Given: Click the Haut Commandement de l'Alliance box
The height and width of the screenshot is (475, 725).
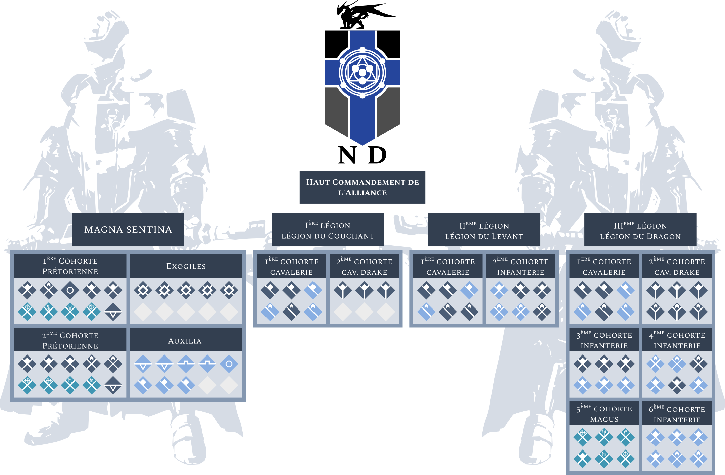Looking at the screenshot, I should pyautogui.click(x=362, y=187).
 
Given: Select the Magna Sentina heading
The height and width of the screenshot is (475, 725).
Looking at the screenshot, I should pyautogui.click(x=128, y=230).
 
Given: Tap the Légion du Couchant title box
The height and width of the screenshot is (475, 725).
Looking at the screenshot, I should pyautogui.click(x=328, y=230).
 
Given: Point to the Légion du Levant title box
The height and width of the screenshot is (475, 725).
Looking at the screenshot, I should pyautogui.click(x=484, y=231).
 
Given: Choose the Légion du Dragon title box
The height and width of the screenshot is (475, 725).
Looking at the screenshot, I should pyautogui.click(x=640, y=231).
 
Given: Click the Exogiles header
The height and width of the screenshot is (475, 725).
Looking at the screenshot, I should pyautogui.click(x=186, y=266).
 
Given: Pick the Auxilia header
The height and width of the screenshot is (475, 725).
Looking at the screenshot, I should pyautogui.click(x=185, y=341).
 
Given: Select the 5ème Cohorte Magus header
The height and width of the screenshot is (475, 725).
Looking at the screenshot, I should pyautogui.click(x=604, y=414).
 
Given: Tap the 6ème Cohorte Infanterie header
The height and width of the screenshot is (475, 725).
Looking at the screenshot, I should pyautogui.click(x=677, y=414).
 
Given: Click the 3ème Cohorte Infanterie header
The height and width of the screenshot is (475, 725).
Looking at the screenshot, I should pyautogui.click(x=604, y=340).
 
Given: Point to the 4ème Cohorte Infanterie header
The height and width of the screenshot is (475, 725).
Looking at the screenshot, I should pyautogui.click(x=677, y=340).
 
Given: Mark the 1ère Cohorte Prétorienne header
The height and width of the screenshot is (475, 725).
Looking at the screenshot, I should pyautogui.click(x=70, y=266).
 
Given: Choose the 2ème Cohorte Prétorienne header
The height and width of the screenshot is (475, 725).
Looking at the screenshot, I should pyautogui.click(x=70, y=340).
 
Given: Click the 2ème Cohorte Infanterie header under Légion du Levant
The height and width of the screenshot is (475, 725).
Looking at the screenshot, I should pyautogui.click(x=521, y=267).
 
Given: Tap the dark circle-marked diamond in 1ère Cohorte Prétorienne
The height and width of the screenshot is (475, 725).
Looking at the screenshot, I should pyautogui.click(x=70, y=290).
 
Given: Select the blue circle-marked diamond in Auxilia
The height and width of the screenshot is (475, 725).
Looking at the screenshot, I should pyautogui.click(x=229, y=364).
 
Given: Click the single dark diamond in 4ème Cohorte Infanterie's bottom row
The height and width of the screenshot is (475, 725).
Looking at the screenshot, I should pyautogui.click(x=677, y=385).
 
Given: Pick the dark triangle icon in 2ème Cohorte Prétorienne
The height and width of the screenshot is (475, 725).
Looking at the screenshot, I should pyautogui.click(x=113, y=385).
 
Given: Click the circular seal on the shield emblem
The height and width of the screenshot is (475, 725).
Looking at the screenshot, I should pyautogui.click(x=362, y=73).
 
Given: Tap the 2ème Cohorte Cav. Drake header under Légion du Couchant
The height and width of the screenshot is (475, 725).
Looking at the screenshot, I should pyautogui.click(x=364, y=267).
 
